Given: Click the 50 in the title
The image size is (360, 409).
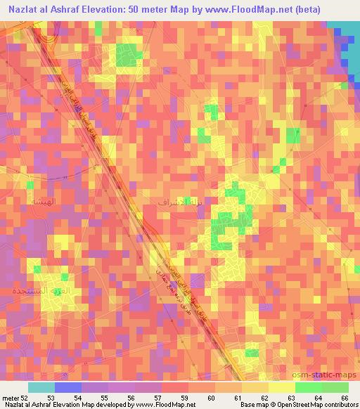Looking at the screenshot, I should (x=148, y=9).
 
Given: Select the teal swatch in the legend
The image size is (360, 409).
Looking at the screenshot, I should (x=41, y=387).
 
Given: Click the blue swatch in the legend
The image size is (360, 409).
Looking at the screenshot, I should (x=68, y=387).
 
